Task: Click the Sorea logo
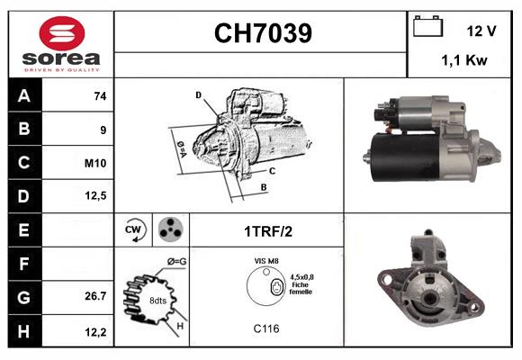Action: pyautogui.click(x=60, y=45)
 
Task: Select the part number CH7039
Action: pyautogui.click(x=263, y=34)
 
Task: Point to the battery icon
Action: pyautogui.click(x=427, y=28)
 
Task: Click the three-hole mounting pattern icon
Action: pyautogui.click(x=169, y=229)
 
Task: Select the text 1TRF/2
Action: pyautogui.click(x=267, y=230)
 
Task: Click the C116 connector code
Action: pyautogui.click(x=265, y=329)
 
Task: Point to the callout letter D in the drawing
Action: pyautogui.click(x=199, y=94)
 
